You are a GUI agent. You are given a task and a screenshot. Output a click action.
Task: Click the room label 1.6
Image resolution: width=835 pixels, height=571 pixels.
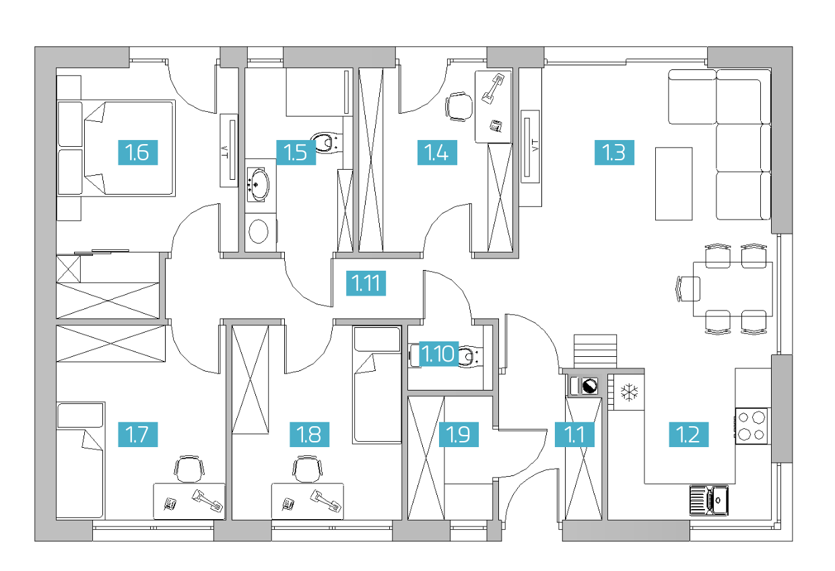tap(138, 152)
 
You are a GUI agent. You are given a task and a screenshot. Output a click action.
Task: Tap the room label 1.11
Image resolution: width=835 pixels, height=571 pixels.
tap(366, 283)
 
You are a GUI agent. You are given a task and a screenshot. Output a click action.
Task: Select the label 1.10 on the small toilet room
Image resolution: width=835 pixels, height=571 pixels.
tap(438, 354)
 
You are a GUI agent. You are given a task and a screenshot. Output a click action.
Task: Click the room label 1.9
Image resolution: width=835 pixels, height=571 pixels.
tap(459, 434)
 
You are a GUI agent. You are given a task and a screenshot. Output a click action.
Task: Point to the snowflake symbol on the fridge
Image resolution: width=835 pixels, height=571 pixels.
tap(630, 393)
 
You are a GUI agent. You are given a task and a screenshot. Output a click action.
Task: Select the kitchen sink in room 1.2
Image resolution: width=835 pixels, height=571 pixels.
tap(709, 500)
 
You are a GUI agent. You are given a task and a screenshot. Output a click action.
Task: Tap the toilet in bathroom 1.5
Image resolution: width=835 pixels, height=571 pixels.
tap(327, 142)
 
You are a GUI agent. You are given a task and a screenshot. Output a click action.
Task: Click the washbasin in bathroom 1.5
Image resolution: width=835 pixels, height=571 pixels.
tap(258, 184)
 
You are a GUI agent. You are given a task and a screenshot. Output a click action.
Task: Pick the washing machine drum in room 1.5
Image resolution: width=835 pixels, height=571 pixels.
tap(259, 232)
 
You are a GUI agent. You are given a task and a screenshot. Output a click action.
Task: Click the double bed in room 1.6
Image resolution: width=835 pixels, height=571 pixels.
tap(116, 148)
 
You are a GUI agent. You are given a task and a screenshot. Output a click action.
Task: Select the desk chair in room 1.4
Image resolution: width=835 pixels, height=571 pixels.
tap(459, 106)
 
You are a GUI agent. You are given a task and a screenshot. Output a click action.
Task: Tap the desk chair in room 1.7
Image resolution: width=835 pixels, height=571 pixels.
tap(189, 469)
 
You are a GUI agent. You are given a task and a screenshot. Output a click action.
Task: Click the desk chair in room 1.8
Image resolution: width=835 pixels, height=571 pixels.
tap(308, 469)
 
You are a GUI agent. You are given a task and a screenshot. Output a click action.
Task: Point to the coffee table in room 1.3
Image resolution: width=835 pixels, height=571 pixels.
tap(674, 184)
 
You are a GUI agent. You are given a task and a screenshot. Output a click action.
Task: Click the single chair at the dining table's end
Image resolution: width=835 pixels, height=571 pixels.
tap(688, 289)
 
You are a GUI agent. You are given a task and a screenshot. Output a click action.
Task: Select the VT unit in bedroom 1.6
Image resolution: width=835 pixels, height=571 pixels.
tap(229, 151)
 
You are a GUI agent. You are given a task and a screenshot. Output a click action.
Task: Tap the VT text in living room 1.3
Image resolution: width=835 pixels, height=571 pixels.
tap(535, 145)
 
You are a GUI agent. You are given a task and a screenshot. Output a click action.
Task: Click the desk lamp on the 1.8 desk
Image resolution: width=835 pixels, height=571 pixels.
tap(326, 500)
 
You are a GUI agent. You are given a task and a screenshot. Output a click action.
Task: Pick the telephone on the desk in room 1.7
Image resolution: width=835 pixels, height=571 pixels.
tap(170, 504)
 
